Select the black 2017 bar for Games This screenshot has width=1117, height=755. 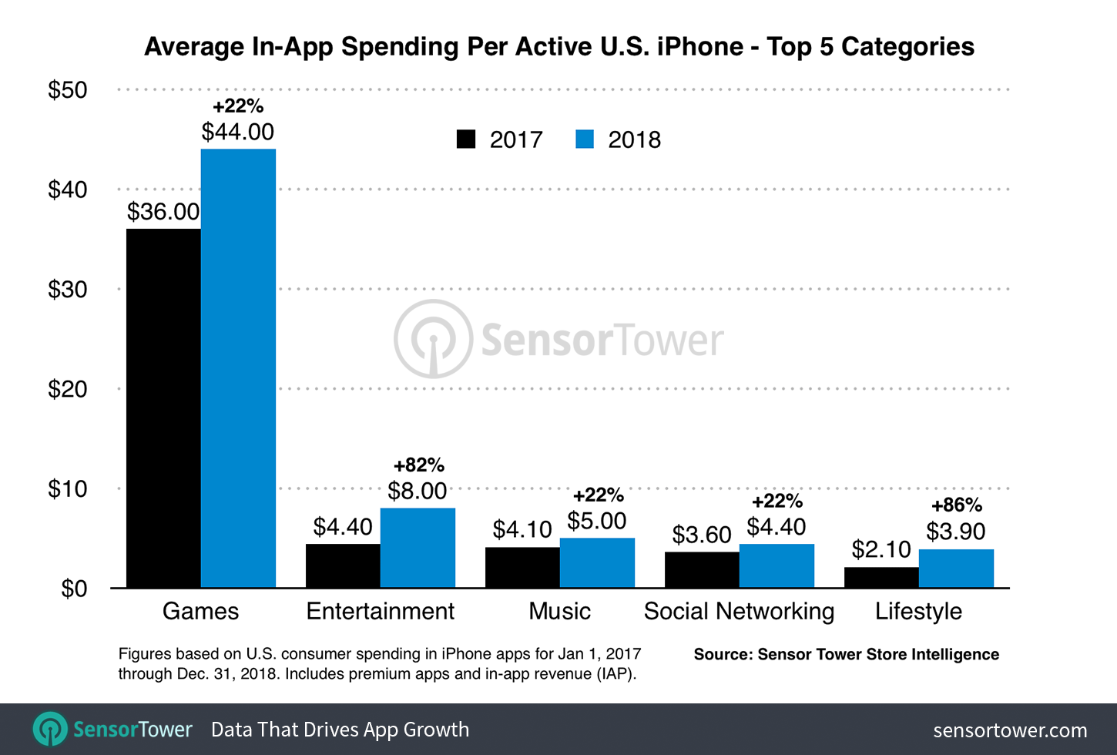pyautogui.click(x=163, y=408)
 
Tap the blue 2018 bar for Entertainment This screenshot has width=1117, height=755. pyautogui.click(x=418, y=548)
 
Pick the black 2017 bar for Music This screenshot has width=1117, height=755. pyautogui.click(x=522, y=568)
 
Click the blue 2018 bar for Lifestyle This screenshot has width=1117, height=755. pyautogui.click(x=956, y=569)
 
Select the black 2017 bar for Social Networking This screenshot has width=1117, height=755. pyautogui.click(x=702, y=570)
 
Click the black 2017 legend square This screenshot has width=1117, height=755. pyautogui.click(x=466, y=139)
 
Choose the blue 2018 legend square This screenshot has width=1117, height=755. pyautogui.click(x=585, y=139)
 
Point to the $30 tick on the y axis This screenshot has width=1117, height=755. pyautogui.click(x=68, y=290)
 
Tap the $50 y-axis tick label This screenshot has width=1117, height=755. pyautogui.click(x=68, y=90)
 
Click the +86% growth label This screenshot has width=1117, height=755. pyautogui.click(x=957, y=505)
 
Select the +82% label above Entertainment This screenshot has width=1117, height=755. pyautogui.click(x=418, y=465)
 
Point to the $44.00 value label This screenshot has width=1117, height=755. pyautogui.click(x=238, y=132)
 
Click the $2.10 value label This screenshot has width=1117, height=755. pyautogui.click(x=881, y=549)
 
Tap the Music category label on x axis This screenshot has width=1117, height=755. pyautogui.click(x=560, y=611)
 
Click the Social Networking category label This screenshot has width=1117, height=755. pyautogui.click(x=739, y=611)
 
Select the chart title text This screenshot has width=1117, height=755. pyautogui.click(x=559, y=47)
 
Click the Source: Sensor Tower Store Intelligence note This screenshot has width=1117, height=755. pyautogui.click(x=846, y=654)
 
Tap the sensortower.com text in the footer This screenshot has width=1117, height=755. pyautogui.click(x=1010, y=730)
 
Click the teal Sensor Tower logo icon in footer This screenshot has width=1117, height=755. pyautogui.click(x=51, y=729)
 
